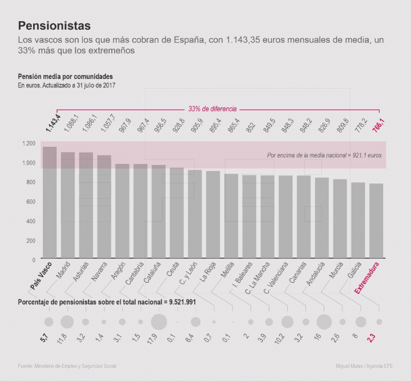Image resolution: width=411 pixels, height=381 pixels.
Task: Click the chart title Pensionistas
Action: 54,26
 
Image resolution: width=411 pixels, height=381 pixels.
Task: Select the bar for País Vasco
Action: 50,203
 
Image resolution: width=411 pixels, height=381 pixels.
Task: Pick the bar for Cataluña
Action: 159,211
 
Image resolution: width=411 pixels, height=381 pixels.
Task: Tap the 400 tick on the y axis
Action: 30,221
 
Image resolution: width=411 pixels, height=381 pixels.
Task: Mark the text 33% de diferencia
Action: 212,109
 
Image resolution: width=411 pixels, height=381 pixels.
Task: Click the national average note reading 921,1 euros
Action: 324,155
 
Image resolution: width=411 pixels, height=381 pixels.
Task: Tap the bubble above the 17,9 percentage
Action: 159,322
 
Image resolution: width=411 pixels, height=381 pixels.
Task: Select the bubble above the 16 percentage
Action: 324,322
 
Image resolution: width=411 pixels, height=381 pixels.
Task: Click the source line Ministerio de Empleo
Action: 71,366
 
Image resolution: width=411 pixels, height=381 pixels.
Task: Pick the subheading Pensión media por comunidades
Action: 65,77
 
